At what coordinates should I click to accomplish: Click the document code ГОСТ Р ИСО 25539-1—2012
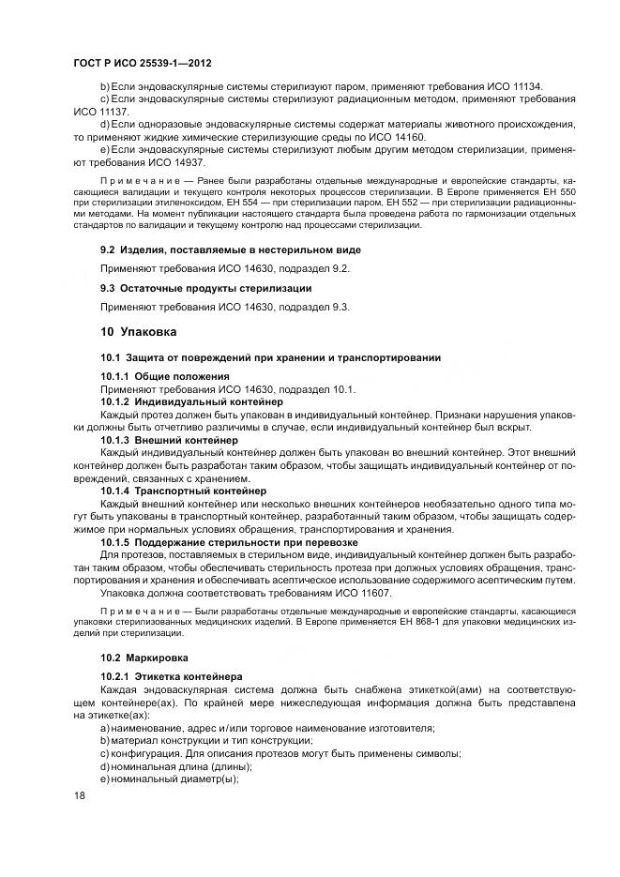(x=142, y=64)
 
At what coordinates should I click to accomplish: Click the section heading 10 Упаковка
(x=138, y=331)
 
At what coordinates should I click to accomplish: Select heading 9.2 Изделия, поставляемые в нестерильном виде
(x=230, y=249)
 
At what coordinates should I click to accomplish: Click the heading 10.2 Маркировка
(x=144, y=657)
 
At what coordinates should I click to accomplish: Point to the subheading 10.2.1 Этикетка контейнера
(x=172, y=676)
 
